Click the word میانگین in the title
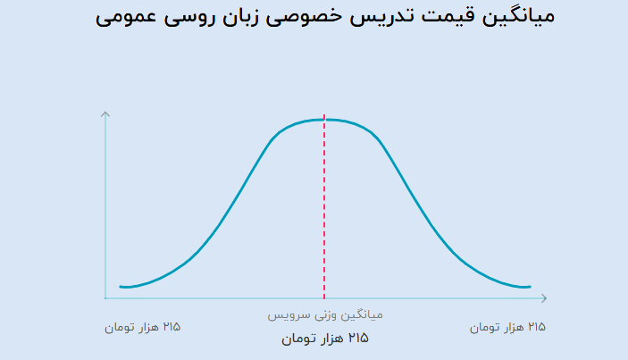coord(518,17)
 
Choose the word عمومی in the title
coord(126,18)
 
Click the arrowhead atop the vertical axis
coord(105,114)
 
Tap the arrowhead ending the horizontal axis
coord(544,298)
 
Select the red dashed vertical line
coord(324,207)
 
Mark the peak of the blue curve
coord(324,120)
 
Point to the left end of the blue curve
coord(121,287)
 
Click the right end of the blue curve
coord(530,287)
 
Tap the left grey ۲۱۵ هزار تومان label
coord(143,327)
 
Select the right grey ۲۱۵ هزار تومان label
coord(507,327)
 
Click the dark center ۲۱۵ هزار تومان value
coord(325,339)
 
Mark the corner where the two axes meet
coord(105,298)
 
